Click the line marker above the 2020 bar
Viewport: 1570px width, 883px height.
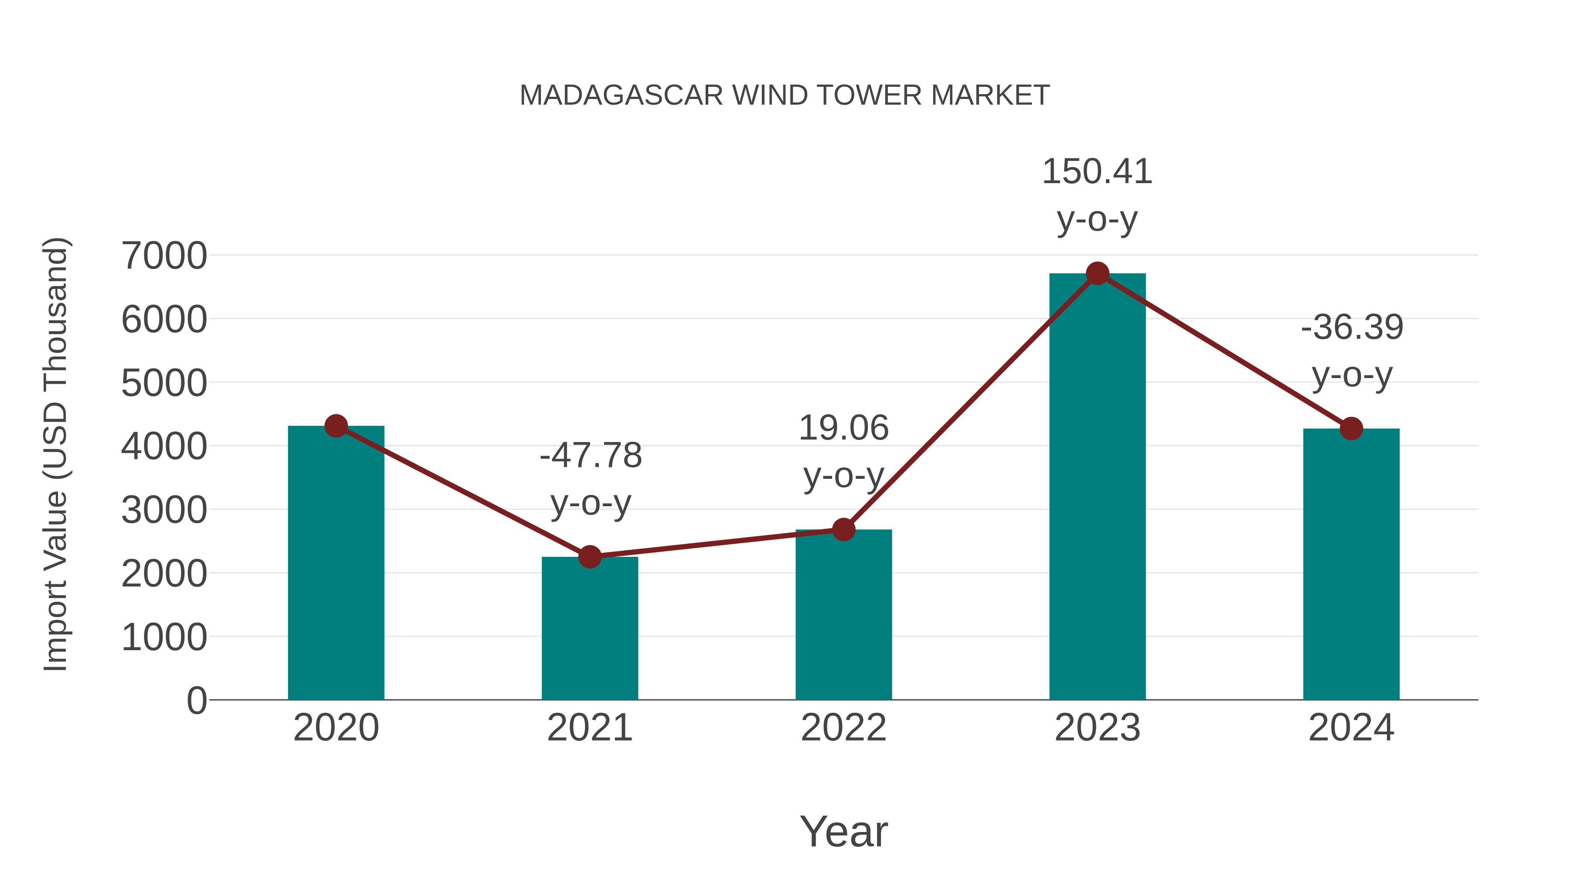tap(336, 426)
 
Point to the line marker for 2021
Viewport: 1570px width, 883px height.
tap(589, 556)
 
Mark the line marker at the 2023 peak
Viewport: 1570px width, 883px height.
tap(1097, 273)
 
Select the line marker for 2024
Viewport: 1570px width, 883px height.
tap(1351, 428)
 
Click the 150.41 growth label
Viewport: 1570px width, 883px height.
tap(1097, 172)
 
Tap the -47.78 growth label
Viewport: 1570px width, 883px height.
tap(590, 456)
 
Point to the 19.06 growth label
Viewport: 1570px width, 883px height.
tap(843, 428)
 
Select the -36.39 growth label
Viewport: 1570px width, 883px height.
tap(1352, 327)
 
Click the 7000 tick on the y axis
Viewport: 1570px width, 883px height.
tap(164, 256)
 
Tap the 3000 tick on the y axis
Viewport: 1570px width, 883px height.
tap(164, 510)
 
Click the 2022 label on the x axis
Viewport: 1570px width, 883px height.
tap(843, 728)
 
